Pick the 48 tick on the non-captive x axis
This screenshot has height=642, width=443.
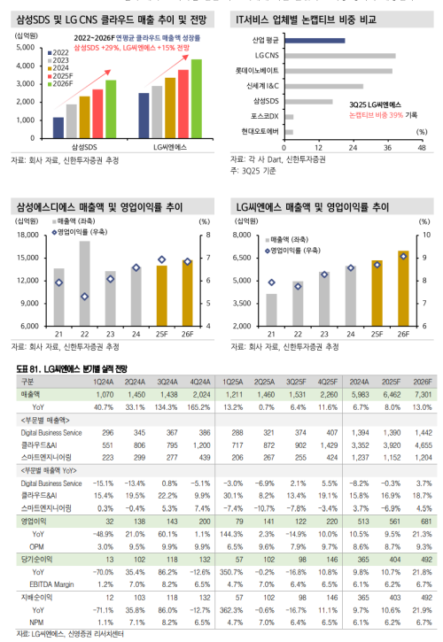tap(421, 147)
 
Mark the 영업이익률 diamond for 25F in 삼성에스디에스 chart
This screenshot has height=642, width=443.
tap(161, 259)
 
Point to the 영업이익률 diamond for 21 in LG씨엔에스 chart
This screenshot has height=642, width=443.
tap(272, 282)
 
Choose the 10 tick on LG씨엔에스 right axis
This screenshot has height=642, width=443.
tap(428, 235)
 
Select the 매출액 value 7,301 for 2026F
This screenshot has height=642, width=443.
tap(423, 392)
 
